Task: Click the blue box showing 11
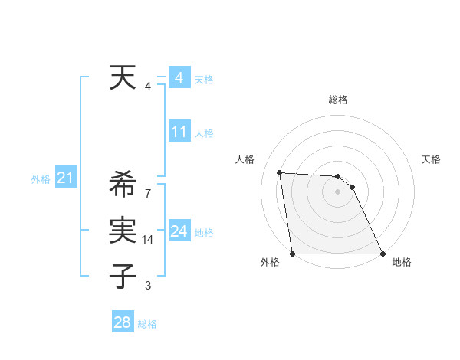pyautogui.click(x=179, y=132)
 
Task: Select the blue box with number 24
pyautogui.click(x=179, y=231)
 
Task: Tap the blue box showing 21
pyautogui.click(x=65, y=178)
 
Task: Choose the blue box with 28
pyautogui.click(x=123, y=322)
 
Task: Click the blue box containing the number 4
pyautogui.click(x=179, y=78)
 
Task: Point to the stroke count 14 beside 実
pyautogui.click(x=149, y=240)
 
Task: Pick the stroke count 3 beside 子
pyautogui.click(x=147, y=286)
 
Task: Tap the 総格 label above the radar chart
pyautogui.click(x=338, y=100)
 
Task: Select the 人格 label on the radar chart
pyautogui.click(x=245, y=159)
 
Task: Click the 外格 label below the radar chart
pyautogui.click(x=270, y=262)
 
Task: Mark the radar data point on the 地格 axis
pyautogui.click(x=382, y=254)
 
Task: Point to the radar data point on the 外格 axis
pyautogui.click(x=293, y=254)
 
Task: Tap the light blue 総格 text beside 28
pyautogui.click(x=147, y=324)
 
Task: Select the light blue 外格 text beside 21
pyautogui.click(x=41, y=179)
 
